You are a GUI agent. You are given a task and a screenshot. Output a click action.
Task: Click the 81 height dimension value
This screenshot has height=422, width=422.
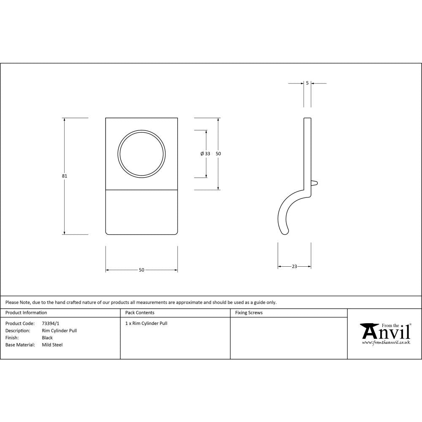point(65,176)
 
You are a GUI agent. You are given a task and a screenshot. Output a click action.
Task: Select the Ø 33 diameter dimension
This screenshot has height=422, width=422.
point(206,154)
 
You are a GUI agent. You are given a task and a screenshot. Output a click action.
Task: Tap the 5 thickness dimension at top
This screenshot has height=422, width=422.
point(307,83)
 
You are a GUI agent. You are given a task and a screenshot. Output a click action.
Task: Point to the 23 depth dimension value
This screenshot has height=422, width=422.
point(294,266)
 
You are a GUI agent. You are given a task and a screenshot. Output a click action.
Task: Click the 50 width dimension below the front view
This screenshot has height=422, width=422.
point(141,270)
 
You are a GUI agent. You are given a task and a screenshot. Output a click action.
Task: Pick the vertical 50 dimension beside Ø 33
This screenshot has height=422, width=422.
point(218,154)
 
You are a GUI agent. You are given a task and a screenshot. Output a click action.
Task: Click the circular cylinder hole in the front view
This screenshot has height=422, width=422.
point(141,154)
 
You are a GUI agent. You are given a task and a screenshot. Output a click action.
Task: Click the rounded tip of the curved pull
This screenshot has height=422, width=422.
point(285,230)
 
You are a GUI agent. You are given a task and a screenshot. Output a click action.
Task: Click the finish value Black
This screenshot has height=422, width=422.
point(47,338)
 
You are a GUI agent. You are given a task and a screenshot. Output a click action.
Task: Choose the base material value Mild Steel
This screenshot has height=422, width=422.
point(52,345)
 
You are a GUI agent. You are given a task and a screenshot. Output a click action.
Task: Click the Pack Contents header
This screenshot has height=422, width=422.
point(140,313)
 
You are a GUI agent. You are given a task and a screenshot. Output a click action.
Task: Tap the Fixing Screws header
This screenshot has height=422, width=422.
point(249,313)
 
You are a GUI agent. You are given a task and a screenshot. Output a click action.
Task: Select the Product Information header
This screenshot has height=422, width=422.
point(26,313)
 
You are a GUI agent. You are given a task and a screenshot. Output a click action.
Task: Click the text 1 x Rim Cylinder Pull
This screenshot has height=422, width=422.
point(146,324)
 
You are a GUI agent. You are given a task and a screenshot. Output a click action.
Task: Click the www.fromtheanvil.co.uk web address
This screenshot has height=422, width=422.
point(386,343)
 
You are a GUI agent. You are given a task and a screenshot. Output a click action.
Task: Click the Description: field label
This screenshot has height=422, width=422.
point(18,331)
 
